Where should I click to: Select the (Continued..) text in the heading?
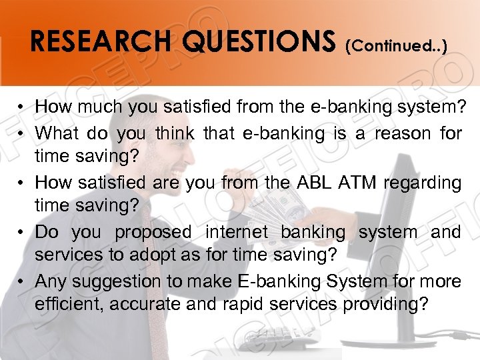397,45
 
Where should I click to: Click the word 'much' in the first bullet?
91,107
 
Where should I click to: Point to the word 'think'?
175,133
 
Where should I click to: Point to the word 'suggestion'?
117,281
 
